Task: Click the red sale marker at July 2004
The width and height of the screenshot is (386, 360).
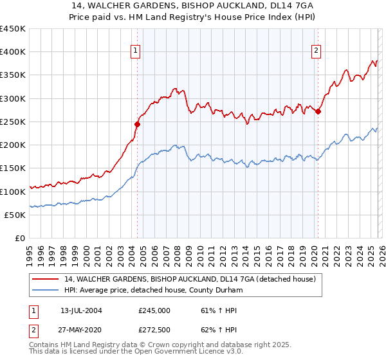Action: click(137, 125)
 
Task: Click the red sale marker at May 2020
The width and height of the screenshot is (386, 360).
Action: click(318, 112)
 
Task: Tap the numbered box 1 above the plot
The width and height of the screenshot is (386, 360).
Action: click(136, 52)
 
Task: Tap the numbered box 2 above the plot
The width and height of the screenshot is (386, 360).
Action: click(317, 52)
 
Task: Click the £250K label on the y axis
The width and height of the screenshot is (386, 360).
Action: click(13, 122)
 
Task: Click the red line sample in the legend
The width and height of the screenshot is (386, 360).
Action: click(46, 280)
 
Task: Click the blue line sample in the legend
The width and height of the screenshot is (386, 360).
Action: click(46, 291)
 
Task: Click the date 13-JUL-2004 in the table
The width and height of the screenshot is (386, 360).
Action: click(81, 310)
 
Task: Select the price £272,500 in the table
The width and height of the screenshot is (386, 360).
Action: click(154, 330)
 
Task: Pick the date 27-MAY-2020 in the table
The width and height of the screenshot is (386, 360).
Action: click(81, 330)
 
